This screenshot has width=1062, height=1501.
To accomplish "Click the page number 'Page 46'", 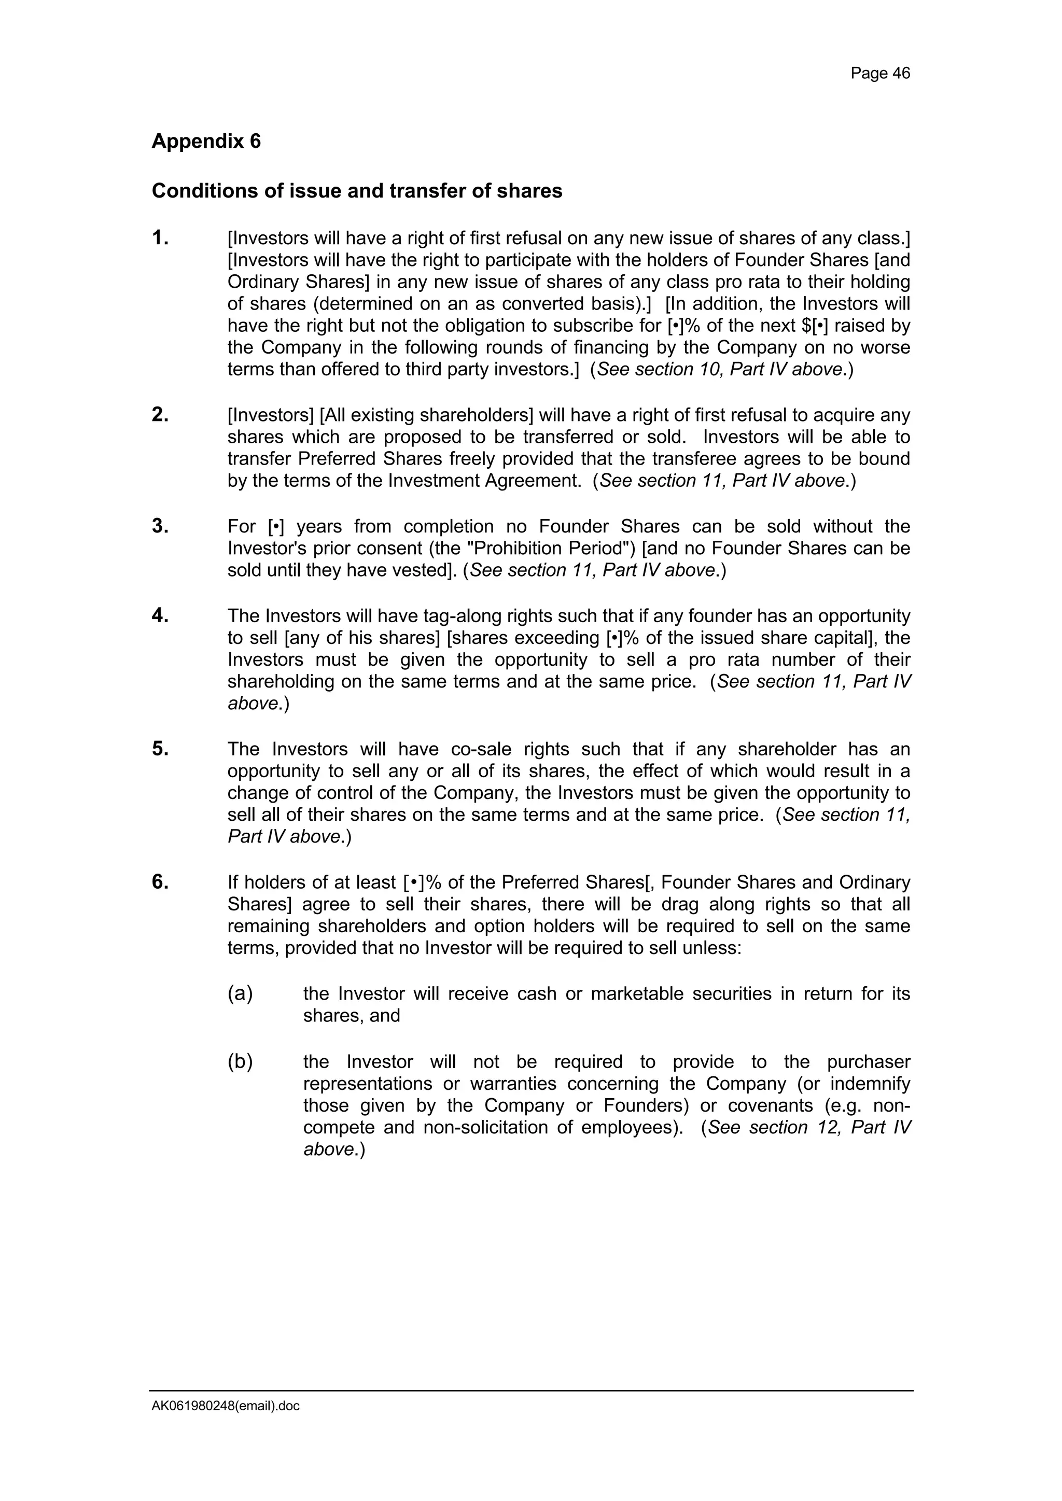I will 879,73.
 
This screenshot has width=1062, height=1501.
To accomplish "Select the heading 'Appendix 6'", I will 206,141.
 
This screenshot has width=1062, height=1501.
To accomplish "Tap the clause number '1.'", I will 160,238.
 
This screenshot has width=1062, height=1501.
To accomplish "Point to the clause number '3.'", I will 160,526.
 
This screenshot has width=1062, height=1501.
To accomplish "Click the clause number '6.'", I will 160,882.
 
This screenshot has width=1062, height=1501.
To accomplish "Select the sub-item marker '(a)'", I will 240,994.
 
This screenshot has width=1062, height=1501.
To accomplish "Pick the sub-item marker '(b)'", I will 240,1062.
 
